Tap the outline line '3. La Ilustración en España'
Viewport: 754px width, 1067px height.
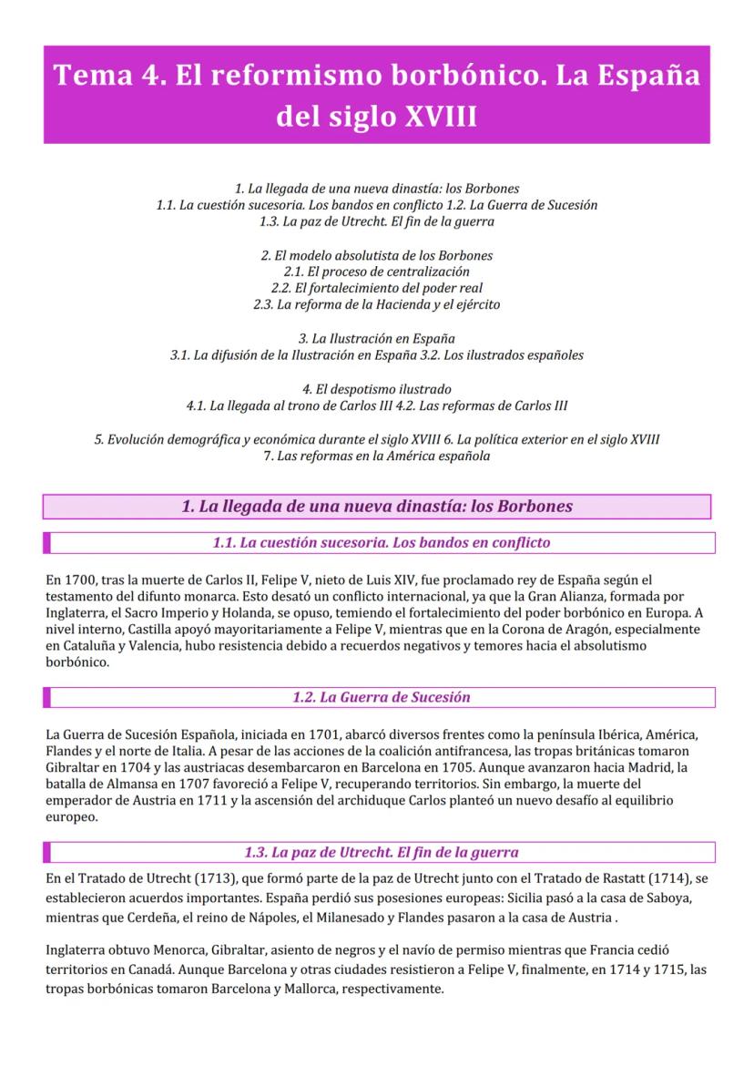(x=376, y=338)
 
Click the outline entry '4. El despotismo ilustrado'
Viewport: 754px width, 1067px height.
(x=376, y=389)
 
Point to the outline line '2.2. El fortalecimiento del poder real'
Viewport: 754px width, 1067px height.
(x=376, y=288)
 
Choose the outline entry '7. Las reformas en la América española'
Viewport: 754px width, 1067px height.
(x=376, y=456)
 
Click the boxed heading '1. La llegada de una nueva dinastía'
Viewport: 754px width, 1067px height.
(x=376, y=507)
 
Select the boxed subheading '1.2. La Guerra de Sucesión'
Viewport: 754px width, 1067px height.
(x=382, y=697)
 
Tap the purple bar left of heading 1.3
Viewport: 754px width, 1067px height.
(x=47, y=853)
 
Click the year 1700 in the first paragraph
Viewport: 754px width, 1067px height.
(x=79, y=580)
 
